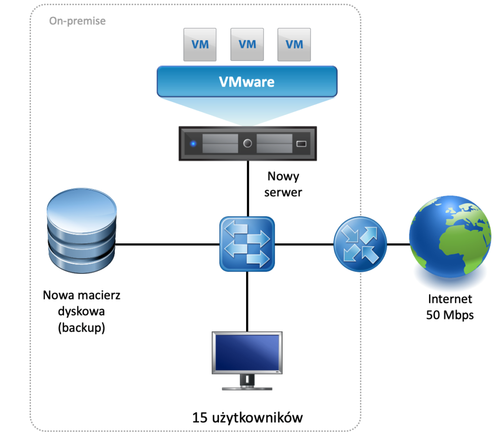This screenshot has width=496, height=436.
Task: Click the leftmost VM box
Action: tap(200, 45)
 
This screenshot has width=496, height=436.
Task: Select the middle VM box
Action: tap(247, 45)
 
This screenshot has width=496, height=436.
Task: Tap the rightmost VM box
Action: tap(294, 45)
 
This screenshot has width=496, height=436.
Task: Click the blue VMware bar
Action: tap(247, 81)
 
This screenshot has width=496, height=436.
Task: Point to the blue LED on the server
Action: tap(193, 144)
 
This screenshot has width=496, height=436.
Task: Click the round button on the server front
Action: tap(248, 143)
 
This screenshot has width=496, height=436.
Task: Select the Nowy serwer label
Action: tap(283, 184)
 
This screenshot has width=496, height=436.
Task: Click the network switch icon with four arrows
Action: tap(247, 244)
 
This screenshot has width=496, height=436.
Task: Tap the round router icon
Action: tap(360, 244)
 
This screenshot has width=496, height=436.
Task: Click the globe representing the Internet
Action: tap(450, 237)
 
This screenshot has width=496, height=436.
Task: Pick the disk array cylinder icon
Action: tap(81, 231)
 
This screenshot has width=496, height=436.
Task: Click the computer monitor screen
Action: tap(247, 353)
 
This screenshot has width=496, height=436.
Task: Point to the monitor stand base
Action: tap(247, 388)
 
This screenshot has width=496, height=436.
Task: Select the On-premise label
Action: tap(77, 21)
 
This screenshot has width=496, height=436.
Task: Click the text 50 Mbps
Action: tap(450, 315)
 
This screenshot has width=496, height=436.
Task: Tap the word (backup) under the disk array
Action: tap(81, 328)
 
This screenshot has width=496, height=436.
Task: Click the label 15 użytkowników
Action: tap(248, 418)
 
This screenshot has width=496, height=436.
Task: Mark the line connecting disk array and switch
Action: tap(168, 244)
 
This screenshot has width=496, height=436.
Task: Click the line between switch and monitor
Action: tap(247, 302)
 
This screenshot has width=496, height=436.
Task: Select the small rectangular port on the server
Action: tap(301, 144)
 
